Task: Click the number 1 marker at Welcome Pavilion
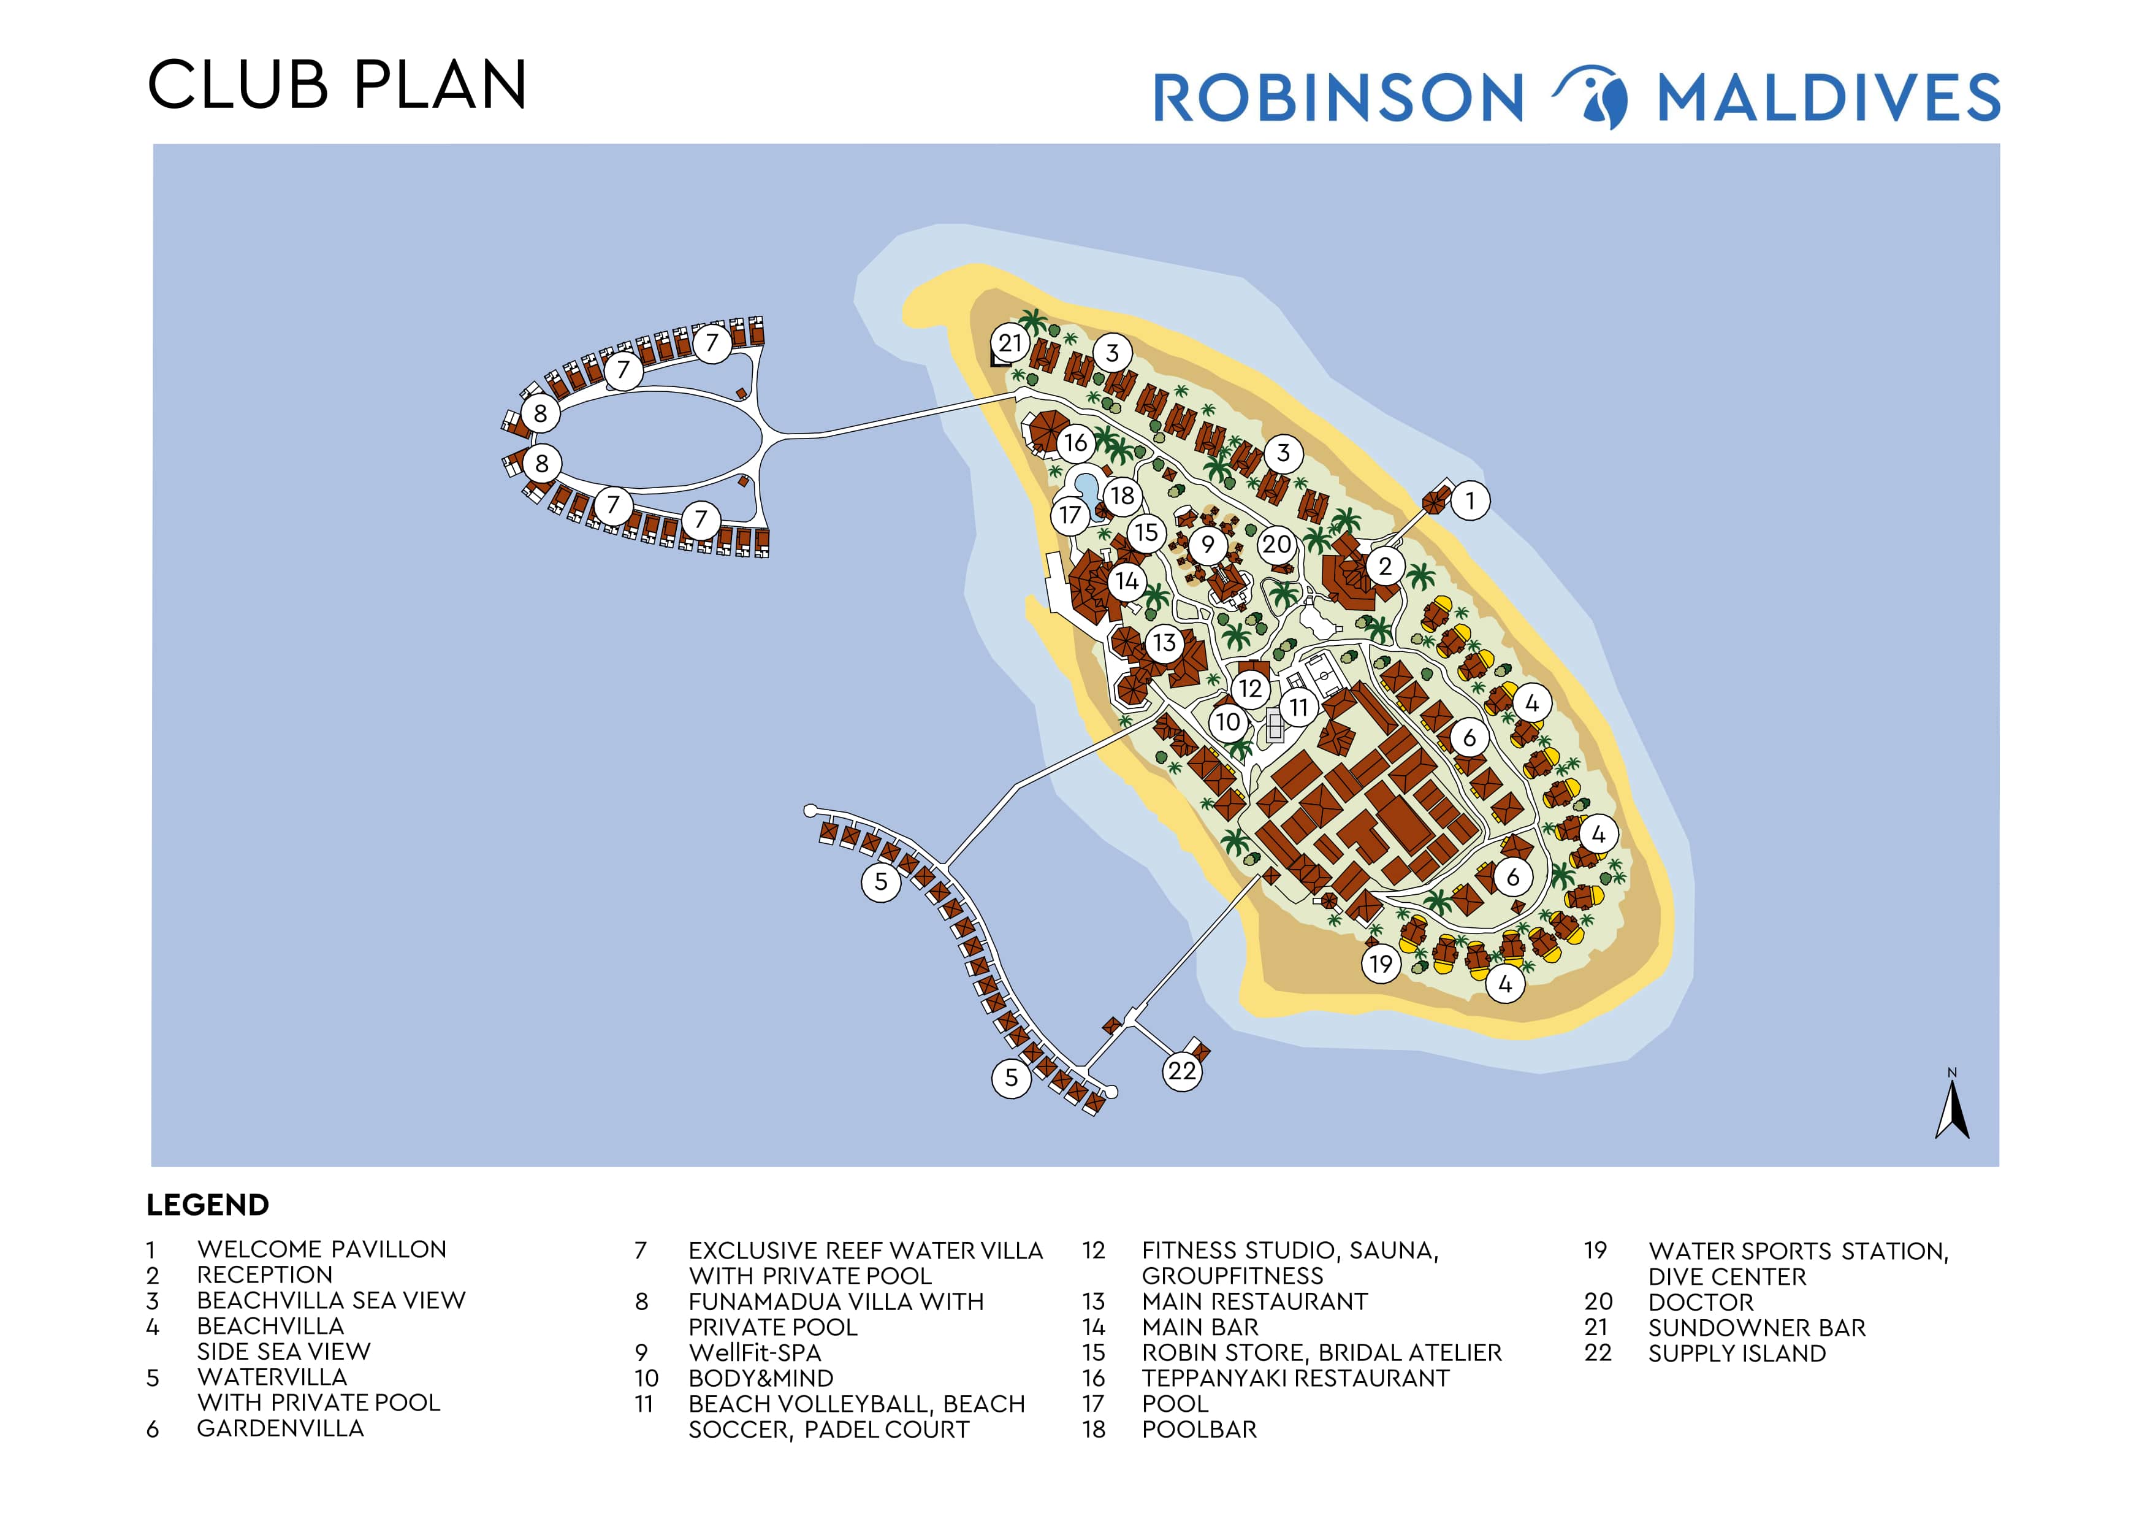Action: point(1470,500)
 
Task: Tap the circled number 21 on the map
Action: point(1010,343)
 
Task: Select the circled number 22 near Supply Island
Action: point(1182,1070)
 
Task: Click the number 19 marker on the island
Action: point(1380,964)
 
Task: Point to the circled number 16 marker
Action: point(1075,442)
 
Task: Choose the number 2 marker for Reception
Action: point(1384,565)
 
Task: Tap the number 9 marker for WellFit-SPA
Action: point(1207,544)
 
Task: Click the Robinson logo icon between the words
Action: point(1592,96)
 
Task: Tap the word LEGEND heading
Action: point(207,1205)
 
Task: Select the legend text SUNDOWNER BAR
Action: point(1756,1327)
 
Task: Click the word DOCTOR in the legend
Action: point(1701,1302)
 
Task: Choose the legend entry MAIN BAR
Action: point(1200,1327)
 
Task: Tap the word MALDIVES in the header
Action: point(1828,98)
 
